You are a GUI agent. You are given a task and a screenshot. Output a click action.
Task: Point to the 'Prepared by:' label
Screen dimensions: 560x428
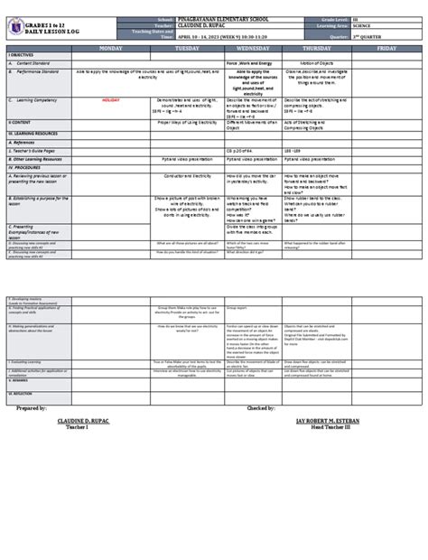(37, 407)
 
